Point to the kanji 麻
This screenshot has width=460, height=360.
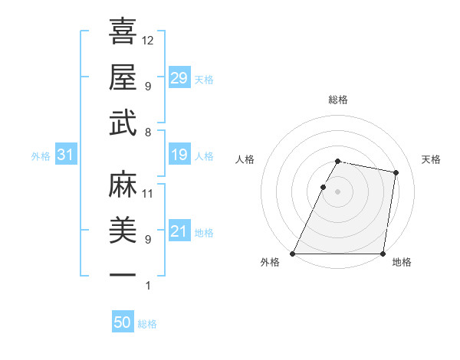click(x=123, y=185)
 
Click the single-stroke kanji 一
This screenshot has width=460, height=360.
click(x=123, y=274)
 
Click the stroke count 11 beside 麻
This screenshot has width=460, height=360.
click(x=148, y=194)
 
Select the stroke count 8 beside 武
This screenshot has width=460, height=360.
click(x=148, y=132)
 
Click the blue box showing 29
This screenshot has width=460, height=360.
click(x=179, y=78)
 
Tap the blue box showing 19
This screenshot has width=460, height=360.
click(x=179, y=155)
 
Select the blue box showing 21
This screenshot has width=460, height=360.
click(x=179, y=231)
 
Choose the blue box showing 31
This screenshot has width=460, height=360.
click(x=65, y=155)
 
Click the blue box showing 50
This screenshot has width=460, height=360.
click(x=123, y=322)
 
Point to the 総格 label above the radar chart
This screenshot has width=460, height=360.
click(x=337, y=100)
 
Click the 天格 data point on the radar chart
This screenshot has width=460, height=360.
click(x=396, y=173)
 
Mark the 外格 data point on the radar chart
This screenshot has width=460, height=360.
click(x=293, y=254)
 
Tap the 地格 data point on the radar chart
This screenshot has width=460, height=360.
click(x=383, y=254)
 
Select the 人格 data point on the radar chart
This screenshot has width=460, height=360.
click(x=323, y=187)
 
